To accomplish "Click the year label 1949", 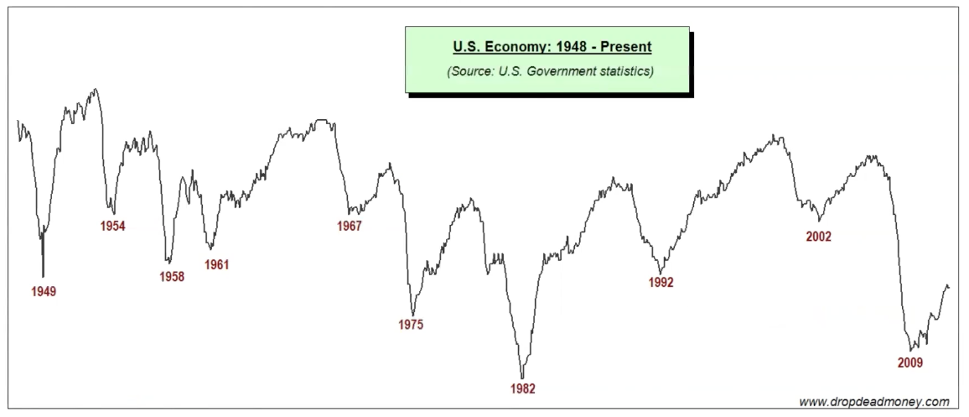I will click(44, 292).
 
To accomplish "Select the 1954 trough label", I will click(111, 227).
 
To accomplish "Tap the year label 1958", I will click(171, 277).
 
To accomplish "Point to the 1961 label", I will click(216, 265).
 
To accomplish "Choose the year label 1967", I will click(349, 227).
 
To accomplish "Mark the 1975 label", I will click(411, 325).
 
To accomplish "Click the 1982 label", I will click(522, 388).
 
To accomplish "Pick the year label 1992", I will click(661, 283).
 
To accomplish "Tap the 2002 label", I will click(818, 237).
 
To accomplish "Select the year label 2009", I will click(909, 363).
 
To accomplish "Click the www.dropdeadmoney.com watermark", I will click(873, 402).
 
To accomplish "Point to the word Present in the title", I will click(619, 47).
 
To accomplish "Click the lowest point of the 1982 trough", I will click(522, 378).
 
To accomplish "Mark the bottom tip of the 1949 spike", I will click(43, 276).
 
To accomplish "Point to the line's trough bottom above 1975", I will click(412, 315).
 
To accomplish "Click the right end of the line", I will click(949, 288).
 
